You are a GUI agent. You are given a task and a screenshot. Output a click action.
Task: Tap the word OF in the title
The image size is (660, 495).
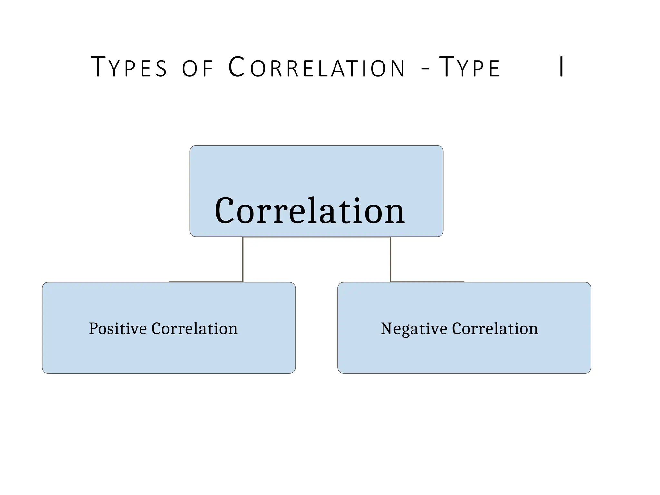coord(198,68)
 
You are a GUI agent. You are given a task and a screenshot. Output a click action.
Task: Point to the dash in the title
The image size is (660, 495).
coord(425,69)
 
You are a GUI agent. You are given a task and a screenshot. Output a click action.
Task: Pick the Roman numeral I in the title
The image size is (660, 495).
coord(561,67)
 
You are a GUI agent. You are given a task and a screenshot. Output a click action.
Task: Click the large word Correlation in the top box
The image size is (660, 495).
coord(310,211)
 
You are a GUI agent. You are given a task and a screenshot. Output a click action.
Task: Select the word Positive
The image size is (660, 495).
coord(118,329)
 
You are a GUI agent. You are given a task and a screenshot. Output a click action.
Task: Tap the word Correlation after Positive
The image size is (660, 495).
coord(194,329)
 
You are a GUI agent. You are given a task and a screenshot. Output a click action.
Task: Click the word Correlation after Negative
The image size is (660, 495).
coord(495,329)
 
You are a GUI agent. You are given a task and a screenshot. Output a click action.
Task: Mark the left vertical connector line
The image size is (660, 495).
coord(243,259)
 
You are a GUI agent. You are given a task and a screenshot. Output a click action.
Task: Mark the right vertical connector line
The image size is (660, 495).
coord(390,259)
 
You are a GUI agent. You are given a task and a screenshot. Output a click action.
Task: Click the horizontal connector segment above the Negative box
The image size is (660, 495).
coord(427,282)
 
